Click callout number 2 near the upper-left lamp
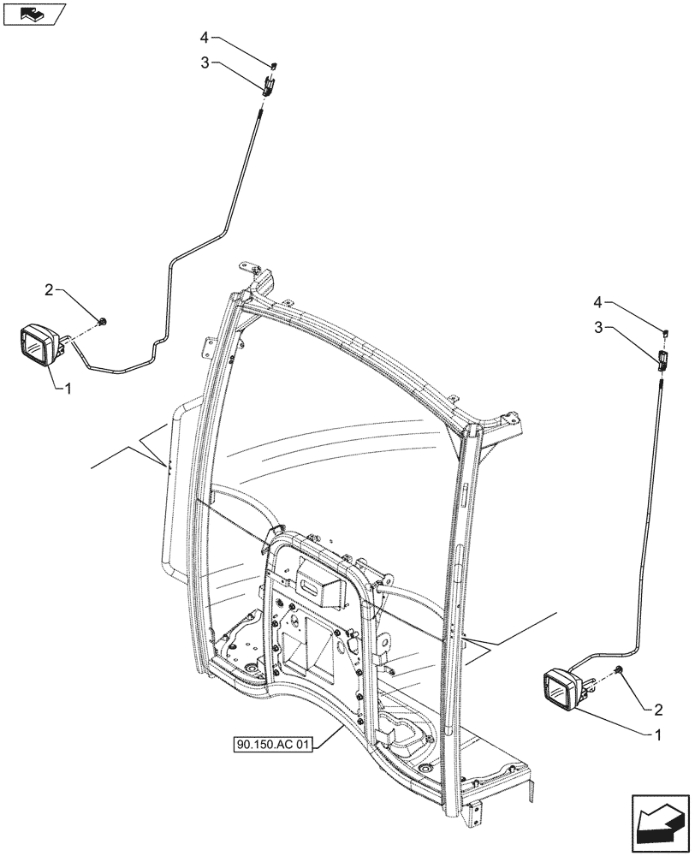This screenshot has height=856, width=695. (50, 291)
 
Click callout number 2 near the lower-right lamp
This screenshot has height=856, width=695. (657, 709)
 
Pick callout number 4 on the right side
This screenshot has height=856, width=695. (601, 301)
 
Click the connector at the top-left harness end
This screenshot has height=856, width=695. (269, 84)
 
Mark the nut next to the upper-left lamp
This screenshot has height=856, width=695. (103, 322)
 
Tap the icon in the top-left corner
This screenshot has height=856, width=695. (33, 15)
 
